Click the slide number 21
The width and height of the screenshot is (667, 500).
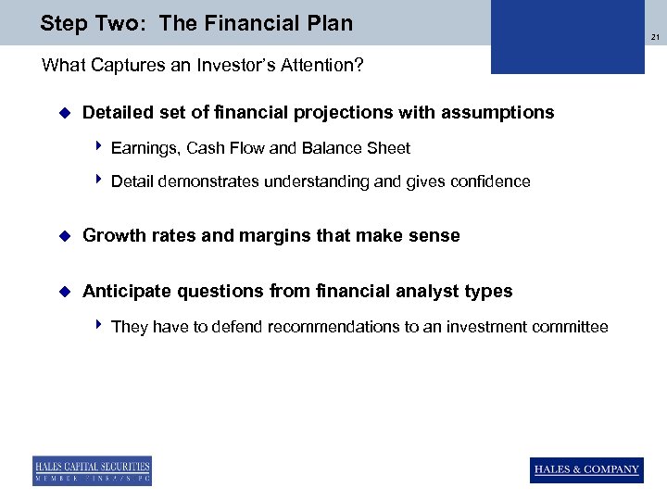click(654, 38)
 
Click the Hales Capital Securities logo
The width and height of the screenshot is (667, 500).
click(92, 470)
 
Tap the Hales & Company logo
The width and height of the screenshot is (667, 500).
click(586, 469)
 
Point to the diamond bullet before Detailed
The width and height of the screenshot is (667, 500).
click(64, 113)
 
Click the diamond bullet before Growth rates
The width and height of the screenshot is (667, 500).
click(64, 236)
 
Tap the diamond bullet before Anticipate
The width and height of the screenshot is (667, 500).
click(64, 292)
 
